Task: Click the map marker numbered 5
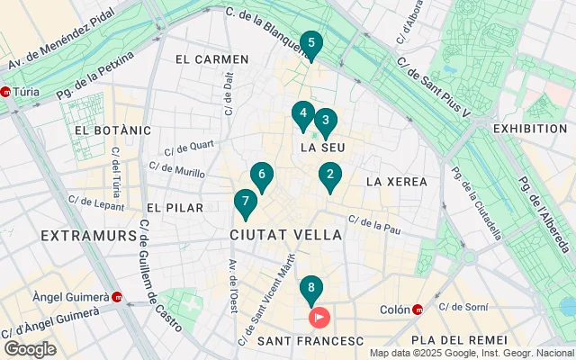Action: click(x=310, y=43)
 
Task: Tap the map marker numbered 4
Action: click(x=302, y=114)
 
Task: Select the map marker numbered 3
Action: click(x=326, y=121)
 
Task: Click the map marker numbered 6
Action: click(x=261, y=175)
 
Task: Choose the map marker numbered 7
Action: click(x=245, y=202)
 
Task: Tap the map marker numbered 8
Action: click(x=310, y=290)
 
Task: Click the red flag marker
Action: click(x=319, y=317)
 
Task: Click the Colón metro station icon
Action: click(x=418, y=310)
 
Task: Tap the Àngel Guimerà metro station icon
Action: click(x=117, y=297)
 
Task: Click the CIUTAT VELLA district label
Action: click(x=286, y=235)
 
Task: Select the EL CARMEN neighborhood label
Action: click(x=211, y=59)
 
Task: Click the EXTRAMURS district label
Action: click(x=88, y=235)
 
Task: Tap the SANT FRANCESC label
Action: click(x=310, y=341)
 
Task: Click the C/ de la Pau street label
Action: click(x=373, y=222)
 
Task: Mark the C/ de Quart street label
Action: click(x=189, y=145)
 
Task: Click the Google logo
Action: click(x=30, y=349)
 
